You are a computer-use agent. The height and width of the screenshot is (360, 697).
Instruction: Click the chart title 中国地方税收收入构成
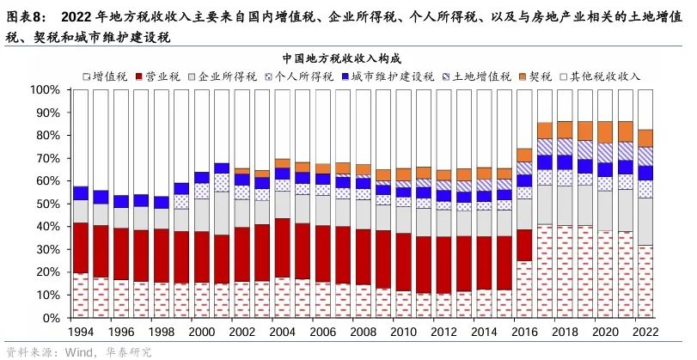tap(348, 58)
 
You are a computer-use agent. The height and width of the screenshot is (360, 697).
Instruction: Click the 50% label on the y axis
tap(44, 204)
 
